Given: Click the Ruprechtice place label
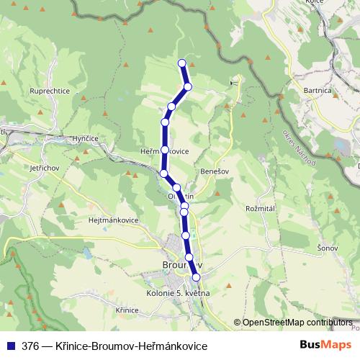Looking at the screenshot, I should (48, 91).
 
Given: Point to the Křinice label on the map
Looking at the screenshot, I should (126, 309).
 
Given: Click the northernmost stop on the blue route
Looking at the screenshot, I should (181, 63).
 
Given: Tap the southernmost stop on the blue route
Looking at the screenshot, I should (195, 277).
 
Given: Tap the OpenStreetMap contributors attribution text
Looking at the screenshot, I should (297, 322).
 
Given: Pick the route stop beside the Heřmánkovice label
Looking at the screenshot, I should (165, 150).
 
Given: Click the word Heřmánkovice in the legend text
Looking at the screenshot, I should (173, 346).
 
